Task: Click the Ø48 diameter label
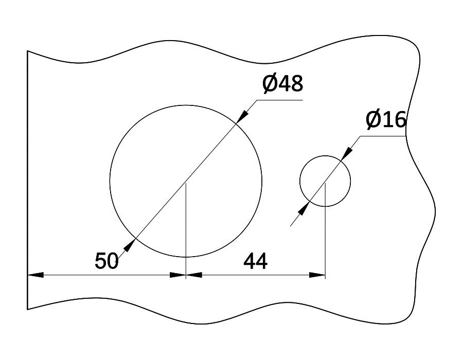coord(282,83)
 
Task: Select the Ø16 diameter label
coord(386,120)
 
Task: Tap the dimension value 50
coord(106,261)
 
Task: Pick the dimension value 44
coord(255,261)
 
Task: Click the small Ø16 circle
coord(300,181)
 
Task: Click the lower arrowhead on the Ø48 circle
coord(129,245)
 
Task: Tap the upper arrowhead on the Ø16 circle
coord(347,154)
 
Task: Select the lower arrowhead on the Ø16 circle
coord(304,208)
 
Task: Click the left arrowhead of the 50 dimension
coord(35,275)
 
